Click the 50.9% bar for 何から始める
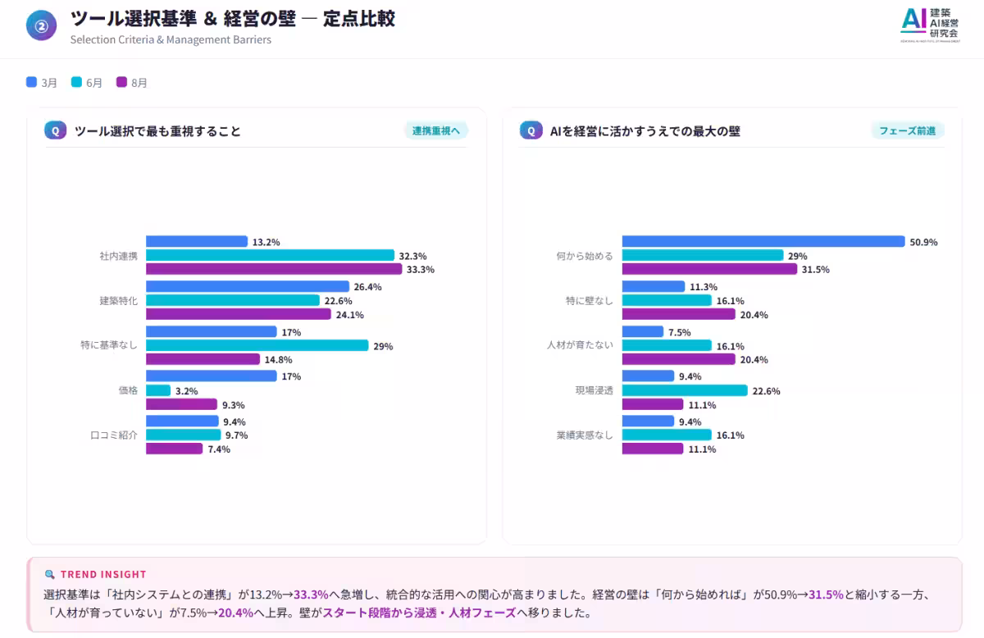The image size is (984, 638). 763,241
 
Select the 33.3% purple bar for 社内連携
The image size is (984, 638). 274,269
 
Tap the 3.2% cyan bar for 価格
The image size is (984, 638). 158,390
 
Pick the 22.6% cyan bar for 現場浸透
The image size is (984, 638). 685,390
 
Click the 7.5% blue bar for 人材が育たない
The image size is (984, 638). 643,331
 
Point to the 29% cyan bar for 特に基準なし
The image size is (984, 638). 257,345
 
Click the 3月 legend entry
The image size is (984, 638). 42,82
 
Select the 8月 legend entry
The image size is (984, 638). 132,82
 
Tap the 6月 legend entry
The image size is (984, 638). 87,82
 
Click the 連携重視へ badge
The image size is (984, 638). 435,130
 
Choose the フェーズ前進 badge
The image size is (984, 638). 907,130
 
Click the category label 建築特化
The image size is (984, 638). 119,300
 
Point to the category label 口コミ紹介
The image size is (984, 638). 114,435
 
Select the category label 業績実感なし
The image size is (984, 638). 584,435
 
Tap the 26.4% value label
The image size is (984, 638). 367,287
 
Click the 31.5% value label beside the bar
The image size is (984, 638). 816,269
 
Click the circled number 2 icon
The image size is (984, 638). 41,26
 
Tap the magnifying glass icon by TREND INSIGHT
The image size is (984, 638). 50,574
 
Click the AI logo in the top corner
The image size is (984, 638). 930,25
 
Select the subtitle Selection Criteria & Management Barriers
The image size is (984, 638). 171,39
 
